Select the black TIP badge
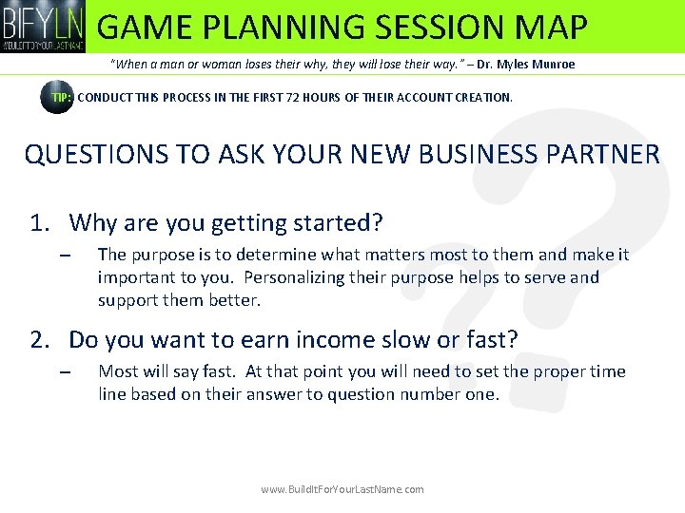[58, 97]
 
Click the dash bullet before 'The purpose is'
[64, 256]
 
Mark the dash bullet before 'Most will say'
[64, 372]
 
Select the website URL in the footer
[342, 489]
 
